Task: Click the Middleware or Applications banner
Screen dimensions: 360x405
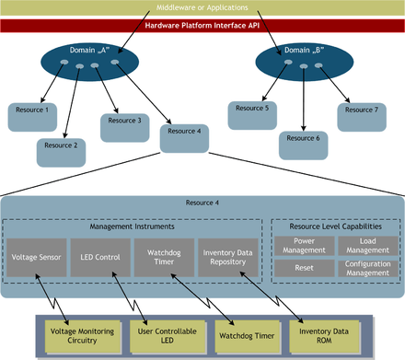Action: coord(202,7)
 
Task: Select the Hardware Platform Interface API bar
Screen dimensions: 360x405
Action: coord(202,25)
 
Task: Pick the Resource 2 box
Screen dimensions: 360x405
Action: coord(63,145)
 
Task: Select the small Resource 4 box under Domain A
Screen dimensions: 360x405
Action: coord(183,137)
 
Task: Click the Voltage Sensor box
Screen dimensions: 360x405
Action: coord(37,259)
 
